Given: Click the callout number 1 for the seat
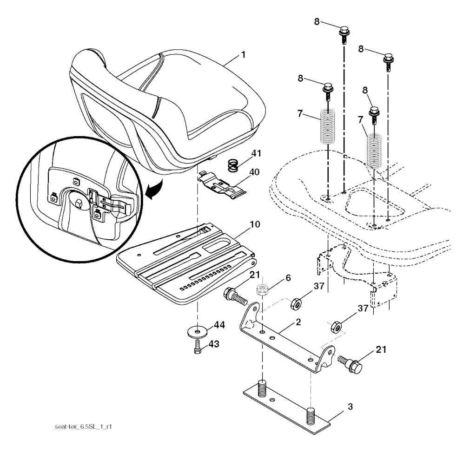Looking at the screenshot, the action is pyautogui.click(x=243, y=55).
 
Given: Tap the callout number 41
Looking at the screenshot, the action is pyautogui.click(x=257, y=153).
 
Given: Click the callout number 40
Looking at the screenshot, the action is pyautogui.click(x=254, y=172).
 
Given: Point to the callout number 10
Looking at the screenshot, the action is pyautogui.click(x=255, y=224).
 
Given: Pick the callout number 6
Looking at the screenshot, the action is pyautogui.click(x=288, y=278).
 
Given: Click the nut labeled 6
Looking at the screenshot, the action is pyautogui.click(x=262, y=289).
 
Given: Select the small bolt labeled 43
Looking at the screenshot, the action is pyautogui.click(x=198, y=347).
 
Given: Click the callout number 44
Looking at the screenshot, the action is pyautogui.click(x=219, y=325).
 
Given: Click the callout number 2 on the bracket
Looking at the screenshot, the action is pyautogui.click(x=298, y=322).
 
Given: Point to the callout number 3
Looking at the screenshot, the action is pyautogui.click(x=350, y=407).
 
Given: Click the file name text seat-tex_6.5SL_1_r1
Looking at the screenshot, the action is pyautogui.click(x=83, y=427).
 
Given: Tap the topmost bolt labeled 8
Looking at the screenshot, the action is pyautogui.click(x=344, y=35).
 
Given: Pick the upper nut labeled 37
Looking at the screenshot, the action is pyautogui.click(x=296, y=304).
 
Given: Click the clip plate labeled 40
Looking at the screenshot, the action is pyautogui.click(x=221, y=185).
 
